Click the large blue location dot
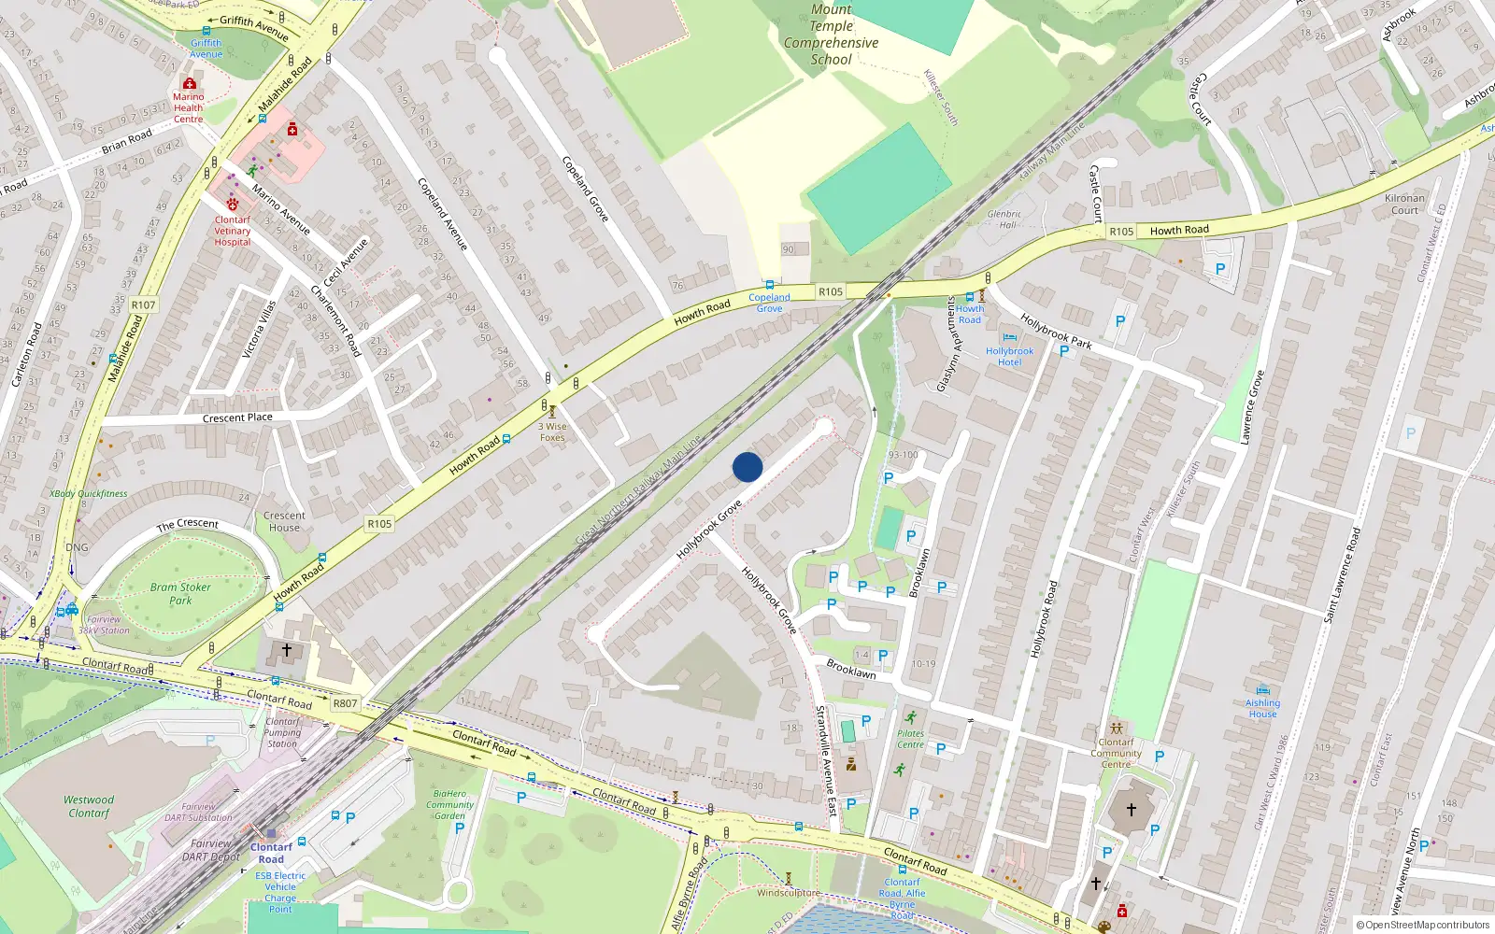tap(747, 467)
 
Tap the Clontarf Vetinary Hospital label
tap(233, 231)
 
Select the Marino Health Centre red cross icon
tap(190, 83)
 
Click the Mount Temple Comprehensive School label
tap(831, 35)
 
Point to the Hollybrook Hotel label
tap(1009, 357)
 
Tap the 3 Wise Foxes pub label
tap(552, 432)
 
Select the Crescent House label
tap(284, 521)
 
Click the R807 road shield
tap(345, 703)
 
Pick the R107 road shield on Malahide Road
tap(143, 304)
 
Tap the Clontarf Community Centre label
tap(1116, 753)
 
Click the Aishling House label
tap(1262, 708)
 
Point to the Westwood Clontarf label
tap(89, 806)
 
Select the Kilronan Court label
tap(1404, 204)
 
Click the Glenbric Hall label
tap(1004, 219)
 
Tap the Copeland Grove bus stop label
tap(769, 303)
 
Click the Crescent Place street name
tap(237, 417)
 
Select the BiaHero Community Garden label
tap(449, 804)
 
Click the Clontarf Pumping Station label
tap(282, 732)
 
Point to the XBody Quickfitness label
tap(89, 493)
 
